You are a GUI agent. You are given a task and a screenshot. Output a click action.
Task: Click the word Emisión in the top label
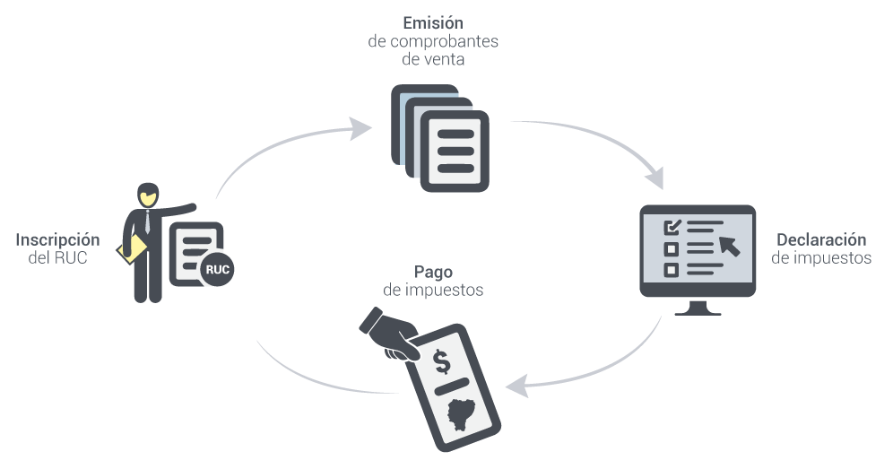(433, 22)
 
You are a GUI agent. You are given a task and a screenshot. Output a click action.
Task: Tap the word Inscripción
(57, 240)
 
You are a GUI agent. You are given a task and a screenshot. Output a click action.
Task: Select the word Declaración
(821, 239)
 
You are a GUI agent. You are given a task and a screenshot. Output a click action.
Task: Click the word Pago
(433, 273)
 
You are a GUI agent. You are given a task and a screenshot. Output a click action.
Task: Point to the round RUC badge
(217, 269)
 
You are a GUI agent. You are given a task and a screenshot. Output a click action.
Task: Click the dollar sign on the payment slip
(442, 360)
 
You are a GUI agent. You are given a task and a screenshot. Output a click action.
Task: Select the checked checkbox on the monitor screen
(672, 227)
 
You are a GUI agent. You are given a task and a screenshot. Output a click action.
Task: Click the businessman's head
(148, 195)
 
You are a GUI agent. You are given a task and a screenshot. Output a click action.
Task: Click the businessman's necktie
(148, 221)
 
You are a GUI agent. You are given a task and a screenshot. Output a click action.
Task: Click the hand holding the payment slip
(390, 336)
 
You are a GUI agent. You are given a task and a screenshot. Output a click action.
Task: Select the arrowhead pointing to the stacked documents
(360, 128)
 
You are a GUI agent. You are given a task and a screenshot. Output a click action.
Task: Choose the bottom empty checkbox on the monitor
(672, 269)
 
